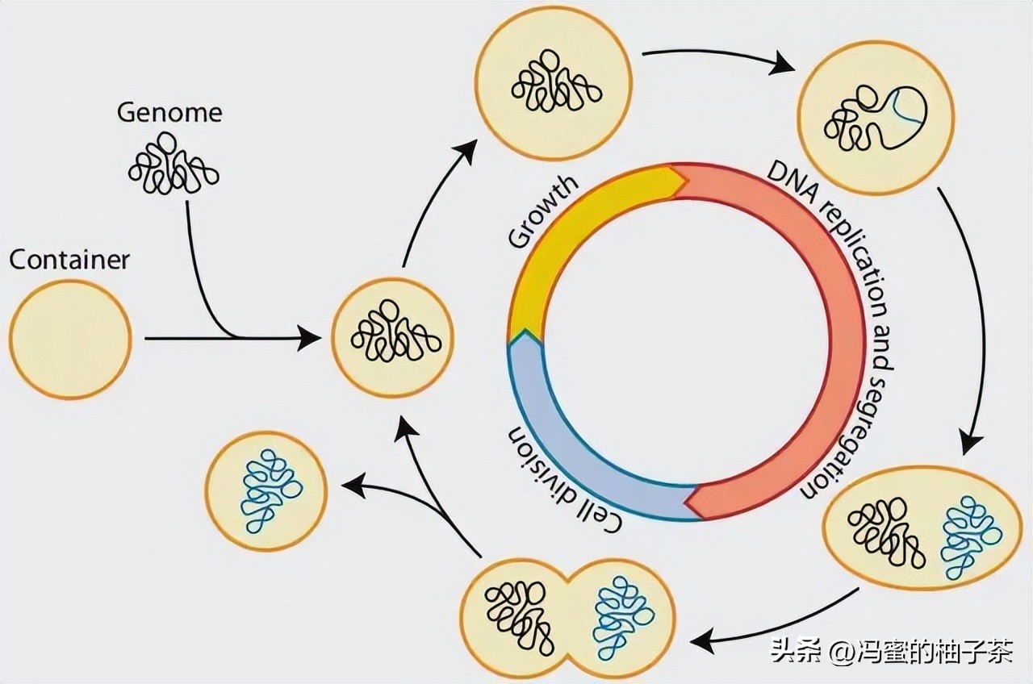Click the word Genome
[x=169, y=111]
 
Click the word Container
[x=69, y=260]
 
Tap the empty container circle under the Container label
[x=70, y=339]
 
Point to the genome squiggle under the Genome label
[x=173, y=165]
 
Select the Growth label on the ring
[x=543, y=211]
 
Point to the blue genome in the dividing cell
[x=622, y=616]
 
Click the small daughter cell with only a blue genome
[x=266, y=491]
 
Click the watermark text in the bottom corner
[x=891, y=650]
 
